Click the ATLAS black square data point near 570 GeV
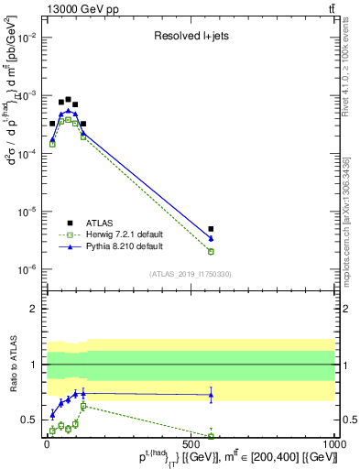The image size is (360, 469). [212, 229]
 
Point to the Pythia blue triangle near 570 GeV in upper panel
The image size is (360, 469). [212, 238]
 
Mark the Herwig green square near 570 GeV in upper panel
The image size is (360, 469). [212, 251]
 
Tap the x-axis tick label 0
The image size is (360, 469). [46, 443]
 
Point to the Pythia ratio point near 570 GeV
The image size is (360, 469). [212, 395]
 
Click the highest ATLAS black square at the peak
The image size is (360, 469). [68, 99]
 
